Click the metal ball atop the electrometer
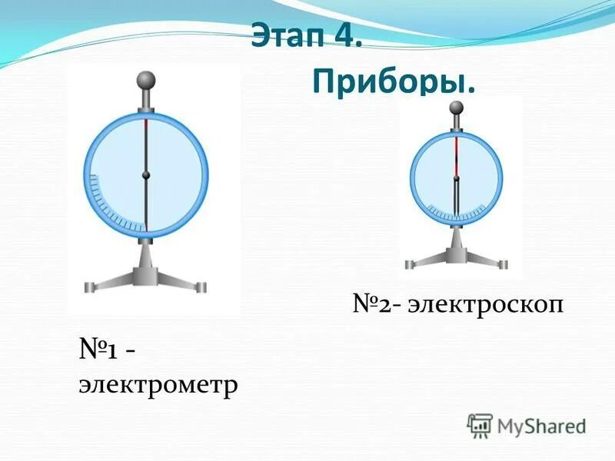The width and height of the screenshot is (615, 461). click(145, 81)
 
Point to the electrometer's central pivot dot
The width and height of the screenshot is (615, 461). click(145, 176)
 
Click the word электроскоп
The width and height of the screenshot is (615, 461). click(487, 305)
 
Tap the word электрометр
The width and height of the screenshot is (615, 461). click(158, 383)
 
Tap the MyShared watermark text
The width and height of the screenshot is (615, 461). click(542, 425)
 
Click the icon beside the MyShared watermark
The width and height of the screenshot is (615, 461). click(480, 425)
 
